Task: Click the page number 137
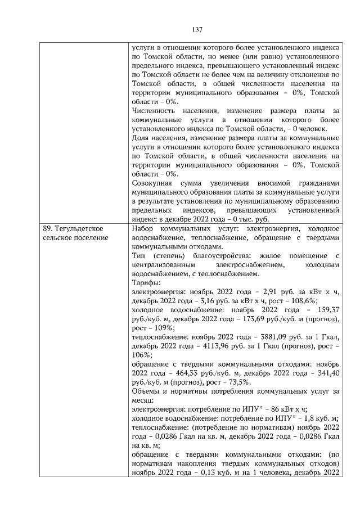pos(196,29)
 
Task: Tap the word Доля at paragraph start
pos(141,138)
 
